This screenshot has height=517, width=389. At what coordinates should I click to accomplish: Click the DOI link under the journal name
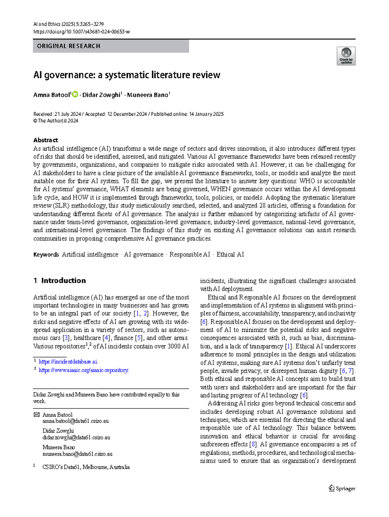[x=81, y=32]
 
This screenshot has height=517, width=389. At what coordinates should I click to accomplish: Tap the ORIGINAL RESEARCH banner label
[x=68, y=46]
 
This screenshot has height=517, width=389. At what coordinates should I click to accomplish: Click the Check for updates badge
[x=346, y=56]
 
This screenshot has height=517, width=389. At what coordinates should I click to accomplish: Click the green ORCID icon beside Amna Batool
[x=75, y=94]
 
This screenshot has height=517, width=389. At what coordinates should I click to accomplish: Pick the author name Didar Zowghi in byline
[x=101, y=95]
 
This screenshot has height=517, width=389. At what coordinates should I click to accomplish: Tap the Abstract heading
[x=45, y=140]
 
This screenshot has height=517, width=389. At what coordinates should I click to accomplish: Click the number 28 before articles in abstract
[x=263, y=206]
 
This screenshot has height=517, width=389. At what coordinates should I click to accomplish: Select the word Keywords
[x=46, y=255]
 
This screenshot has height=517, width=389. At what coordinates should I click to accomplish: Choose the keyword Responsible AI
[x=190, y=255]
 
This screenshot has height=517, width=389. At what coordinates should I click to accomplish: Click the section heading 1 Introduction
[x=60, y=281]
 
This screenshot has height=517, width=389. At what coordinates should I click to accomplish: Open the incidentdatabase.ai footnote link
[x=68, y=362]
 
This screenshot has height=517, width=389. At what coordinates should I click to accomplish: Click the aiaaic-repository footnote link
[x=84, y=370]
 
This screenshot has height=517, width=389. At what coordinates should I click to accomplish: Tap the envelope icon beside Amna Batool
[x=37, y=415]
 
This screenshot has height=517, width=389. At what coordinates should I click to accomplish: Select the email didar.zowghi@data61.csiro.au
[x=76, y=437]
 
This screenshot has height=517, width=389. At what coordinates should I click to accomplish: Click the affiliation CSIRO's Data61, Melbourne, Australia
[x=86, y=467]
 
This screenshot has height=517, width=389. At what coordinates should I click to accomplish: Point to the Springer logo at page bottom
[x=342, y=488]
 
